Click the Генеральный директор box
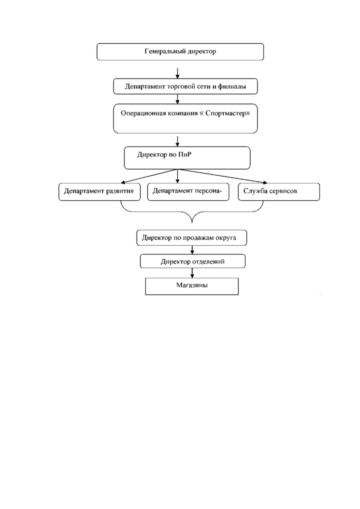[180, 52]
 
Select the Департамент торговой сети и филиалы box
[185, 86]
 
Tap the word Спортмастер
[227, 113]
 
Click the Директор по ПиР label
[164, 154]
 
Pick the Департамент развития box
[100, 192]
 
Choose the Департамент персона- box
[188, 192]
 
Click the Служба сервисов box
[279, 192]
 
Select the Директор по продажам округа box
[192, 238]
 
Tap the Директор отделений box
[193, 261]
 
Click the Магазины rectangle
[192, 286]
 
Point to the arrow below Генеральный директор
[178, 73]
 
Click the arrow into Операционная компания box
[178, 99]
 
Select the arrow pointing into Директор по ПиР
[178, 141]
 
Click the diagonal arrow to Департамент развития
[149, 176]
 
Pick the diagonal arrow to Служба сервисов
[222, 176]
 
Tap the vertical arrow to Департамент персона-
[178, 176]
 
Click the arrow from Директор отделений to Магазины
[192, 273]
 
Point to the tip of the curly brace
[192, 223]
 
